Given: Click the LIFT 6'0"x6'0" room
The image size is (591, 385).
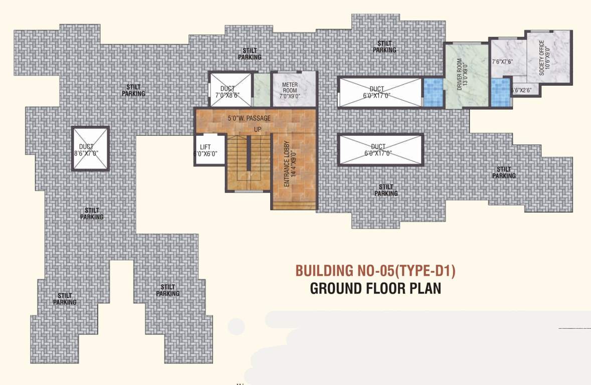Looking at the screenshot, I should coord(206,150).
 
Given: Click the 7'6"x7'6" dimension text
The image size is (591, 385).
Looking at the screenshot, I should coord(502,62).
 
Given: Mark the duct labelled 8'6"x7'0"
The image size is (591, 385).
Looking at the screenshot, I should coord(90,149).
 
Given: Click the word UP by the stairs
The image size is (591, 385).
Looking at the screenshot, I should coord(258,129).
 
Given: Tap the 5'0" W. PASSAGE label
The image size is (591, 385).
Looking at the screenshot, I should coord(249,118).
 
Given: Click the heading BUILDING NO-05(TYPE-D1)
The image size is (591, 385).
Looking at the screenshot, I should coord(375,271).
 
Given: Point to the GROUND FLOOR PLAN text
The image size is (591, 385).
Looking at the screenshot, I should coord(375,289).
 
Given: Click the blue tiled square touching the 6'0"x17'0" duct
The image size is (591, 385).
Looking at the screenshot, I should coord(433,92).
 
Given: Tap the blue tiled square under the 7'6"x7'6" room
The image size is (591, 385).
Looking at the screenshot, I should coord(500,92).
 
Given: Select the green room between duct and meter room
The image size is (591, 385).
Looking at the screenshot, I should coord(261,90).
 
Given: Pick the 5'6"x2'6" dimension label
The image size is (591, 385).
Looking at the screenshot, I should coord(524,90).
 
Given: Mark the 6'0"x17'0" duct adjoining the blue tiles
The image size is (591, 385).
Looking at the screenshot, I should coord(380,92).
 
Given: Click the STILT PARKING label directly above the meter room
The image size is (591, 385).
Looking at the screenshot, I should coord(249,54).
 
